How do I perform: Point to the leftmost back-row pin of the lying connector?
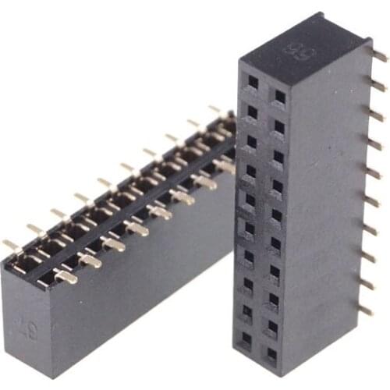click(x=11, y=245)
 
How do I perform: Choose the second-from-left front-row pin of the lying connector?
click(x=88, y=260)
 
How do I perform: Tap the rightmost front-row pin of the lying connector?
click(x=224, y=165)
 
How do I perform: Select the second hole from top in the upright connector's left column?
click(x=251, y=111)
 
